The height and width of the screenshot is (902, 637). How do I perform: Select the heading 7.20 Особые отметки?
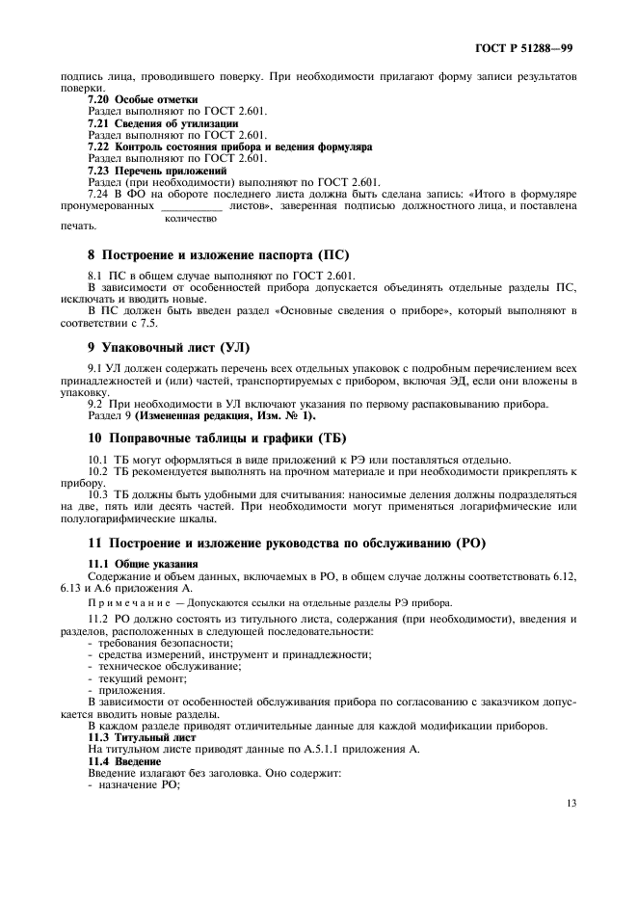[143, 99]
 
